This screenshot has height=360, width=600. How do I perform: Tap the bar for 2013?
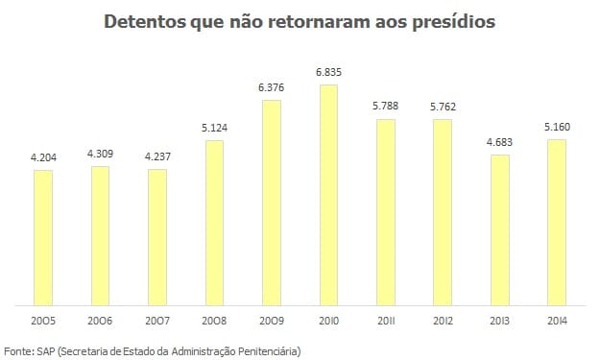pyautogui.click(x=499, y=229)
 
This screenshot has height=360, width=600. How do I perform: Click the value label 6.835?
pyautogui.click(x=328, y=72)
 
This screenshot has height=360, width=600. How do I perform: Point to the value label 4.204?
pyautogui.click(x=42, y=157)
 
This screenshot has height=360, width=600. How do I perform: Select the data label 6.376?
pyautogui.click(x=271, y=87)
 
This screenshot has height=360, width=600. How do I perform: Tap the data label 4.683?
pyautogui.click(x=499, y=143)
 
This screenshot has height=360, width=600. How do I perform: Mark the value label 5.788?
pyautogui.click(x=385, y=107)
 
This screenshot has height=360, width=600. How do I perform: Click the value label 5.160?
pyautogui.click(x=557, y=128)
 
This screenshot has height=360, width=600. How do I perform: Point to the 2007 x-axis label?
pyautogui.click(x=156, y=321)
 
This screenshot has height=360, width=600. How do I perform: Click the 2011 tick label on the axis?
pyautogui.click(x=385, y=321)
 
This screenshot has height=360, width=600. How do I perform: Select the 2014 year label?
pyautogui.click(x=557, y=321)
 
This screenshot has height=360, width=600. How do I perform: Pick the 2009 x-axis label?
pyautogui.click(x=271, y=321)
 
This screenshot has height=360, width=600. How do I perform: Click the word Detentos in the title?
pyautogui.click(x=147, y=21)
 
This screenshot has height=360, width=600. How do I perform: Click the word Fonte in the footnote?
pyautogui.click(x=19, y=350)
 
